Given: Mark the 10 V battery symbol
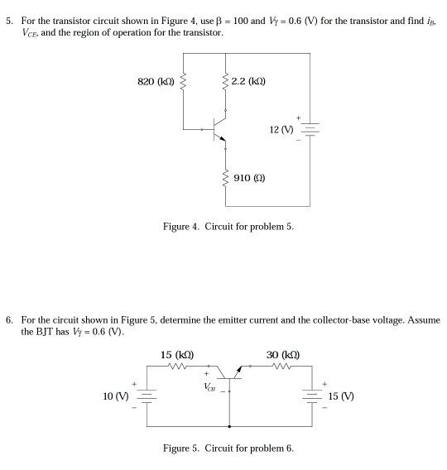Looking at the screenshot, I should (146, 396).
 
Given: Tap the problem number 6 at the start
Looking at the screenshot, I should (8, 319).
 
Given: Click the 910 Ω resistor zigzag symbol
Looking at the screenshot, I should (225, 177).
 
